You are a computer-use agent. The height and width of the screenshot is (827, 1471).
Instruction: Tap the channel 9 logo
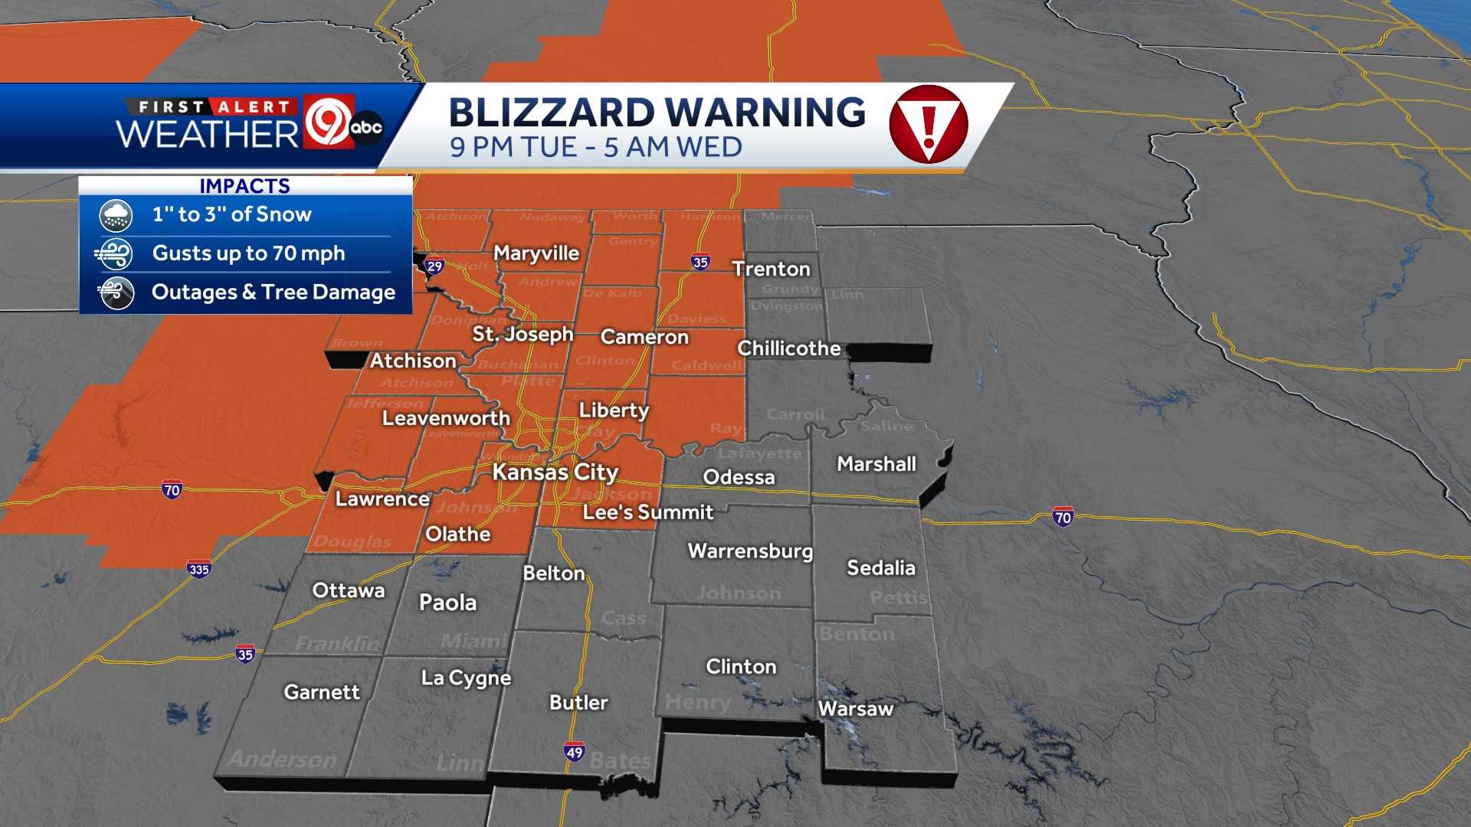pyautogui.click(x=329, y=121)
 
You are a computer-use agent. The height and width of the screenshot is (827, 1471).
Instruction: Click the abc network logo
pyautogui.click(x=366, y=127)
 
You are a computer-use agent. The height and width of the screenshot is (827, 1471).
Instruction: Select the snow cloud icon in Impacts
pyautogui.click(x=116, y=215)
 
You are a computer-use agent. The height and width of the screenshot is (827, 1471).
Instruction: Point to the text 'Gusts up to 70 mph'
pyautogui.click(x=248, y=253)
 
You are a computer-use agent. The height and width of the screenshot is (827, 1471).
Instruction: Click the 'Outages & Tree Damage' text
pyautogui.click(x=273, y=293)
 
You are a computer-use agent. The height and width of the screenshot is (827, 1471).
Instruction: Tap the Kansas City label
pyautogui.click(x=555, y=472)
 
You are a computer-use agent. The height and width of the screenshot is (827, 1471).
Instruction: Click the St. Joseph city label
pyautogui.click(x=523, y=334)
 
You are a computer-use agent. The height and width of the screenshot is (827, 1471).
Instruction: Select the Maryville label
pyautogui.click(x=536, y=253)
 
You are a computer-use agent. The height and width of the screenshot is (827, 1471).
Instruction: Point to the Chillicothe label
pyautogui.click(x=789, y=348)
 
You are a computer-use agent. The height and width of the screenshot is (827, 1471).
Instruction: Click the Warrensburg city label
pyautogui.click(x=750, y=551)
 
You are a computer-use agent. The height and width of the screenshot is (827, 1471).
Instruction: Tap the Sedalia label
pyautogui.click(x=881, y=568)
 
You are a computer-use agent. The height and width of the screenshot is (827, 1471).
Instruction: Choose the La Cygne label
pyautogui.click(x=466, y=678)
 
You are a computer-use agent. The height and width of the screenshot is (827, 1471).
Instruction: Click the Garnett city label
pyautogui.click(x=322, y=692)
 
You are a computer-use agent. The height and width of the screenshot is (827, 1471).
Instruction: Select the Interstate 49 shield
pyautogui.click(x=575, y=752)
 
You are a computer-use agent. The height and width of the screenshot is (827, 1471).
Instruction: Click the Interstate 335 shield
pyautogui.click(x=198, y=569)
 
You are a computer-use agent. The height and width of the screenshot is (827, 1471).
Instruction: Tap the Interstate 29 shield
pyautogui.click(x=435, y=266)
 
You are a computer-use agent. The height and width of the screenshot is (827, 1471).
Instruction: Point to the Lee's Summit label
pyautogui.click(x=648, y=512)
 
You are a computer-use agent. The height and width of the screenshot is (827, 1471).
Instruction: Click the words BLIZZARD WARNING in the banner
pyautogui.click(x=657, y=113)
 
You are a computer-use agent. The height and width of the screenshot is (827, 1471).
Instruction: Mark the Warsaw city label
pyautogui.click(x=856, y=709)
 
